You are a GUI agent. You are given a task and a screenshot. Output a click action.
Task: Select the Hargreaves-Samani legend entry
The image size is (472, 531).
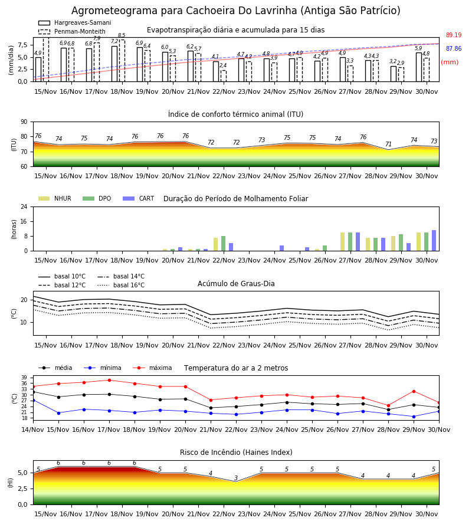tap(74, 22)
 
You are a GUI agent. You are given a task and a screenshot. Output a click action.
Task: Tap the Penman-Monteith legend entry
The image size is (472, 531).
tap(72, 31)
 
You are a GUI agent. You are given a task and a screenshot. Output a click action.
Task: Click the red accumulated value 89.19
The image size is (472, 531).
tap(454, 35)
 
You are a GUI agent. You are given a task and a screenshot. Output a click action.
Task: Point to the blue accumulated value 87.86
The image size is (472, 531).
tap(454, 48)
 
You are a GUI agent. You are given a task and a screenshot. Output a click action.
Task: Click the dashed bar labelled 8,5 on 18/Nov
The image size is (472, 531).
tap(122, 61)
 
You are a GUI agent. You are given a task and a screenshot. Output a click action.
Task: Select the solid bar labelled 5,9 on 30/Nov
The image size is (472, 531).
tap(419, 67)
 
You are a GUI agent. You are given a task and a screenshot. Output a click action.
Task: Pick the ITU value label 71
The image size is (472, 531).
tap(388, 144)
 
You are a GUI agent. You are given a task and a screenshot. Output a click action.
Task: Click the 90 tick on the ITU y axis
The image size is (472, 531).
tap(24, 122)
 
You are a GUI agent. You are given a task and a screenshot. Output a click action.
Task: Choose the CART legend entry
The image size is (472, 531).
tap(139, 198)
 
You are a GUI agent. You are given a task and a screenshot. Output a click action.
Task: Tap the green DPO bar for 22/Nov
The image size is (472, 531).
tap(223, 244)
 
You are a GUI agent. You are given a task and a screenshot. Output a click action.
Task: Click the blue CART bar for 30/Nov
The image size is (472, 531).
tap(434, 241)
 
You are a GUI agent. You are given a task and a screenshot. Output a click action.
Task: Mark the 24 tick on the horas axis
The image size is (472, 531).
tap(24, 206)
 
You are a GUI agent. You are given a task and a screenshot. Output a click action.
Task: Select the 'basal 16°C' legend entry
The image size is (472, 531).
tap(121, 285)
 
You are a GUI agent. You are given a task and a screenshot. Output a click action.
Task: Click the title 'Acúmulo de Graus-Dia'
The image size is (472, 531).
tap(236, 283)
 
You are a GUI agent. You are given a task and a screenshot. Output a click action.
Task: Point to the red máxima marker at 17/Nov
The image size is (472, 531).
tap(109, 380)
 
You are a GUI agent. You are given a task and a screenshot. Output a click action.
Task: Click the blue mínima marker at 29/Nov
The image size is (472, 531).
tap(414, 417)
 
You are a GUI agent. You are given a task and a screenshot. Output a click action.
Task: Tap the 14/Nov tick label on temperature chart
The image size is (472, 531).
tap(32, 430)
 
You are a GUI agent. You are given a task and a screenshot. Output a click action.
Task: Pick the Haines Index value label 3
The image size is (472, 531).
tap(236, 478)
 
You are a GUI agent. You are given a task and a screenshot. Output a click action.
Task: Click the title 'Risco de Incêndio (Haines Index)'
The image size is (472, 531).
tap(236, 452)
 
